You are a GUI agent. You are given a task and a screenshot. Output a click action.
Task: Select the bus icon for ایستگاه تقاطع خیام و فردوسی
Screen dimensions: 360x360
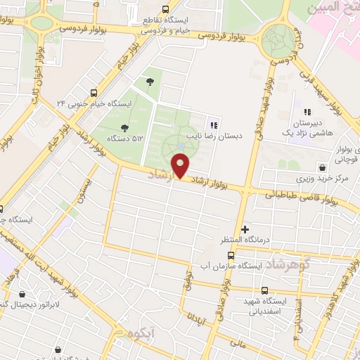[165, 9]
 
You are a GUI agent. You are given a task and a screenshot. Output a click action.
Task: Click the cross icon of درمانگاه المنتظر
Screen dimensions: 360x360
[245, 230]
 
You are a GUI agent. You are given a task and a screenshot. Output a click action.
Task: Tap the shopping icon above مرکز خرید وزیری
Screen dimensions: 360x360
[322, 168]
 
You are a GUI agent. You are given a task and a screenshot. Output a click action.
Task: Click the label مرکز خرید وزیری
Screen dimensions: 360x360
[323, 179]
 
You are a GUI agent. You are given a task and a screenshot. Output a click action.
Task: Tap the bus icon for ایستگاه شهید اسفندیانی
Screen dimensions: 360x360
[264, 290]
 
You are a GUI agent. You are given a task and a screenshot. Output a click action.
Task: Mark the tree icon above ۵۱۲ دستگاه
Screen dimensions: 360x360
[124, 127]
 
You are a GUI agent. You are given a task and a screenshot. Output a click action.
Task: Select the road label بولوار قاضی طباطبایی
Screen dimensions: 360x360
[301, 197]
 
